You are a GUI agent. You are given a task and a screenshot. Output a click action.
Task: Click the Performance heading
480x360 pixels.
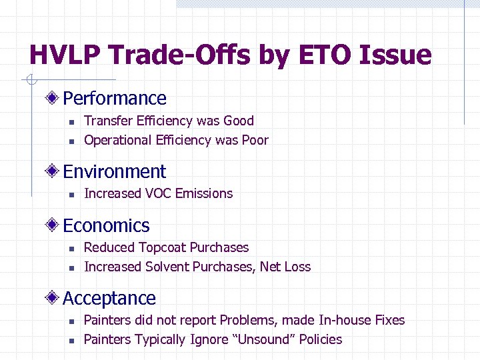click(115, 99)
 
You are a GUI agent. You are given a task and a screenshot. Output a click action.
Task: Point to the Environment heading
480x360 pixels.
click(115, 172)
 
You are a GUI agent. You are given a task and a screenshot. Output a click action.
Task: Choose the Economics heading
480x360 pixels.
click(107, 226)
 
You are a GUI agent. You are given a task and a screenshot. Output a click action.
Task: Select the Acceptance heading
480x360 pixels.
click(109, 299)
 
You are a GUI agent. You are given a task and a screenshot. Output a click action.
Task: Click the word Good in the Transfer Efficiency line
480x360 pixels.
click(239, 121)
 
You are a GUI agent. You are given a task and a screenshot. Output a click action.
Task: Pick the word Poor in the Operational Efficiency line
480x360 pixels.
click(254, 140)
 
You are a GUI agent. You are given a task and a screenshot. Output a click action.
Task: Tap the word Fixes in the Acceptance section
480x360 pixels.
click(389, 321)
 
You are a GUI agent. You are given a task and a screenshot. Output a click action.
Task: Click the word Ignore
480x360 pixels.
click(209, 340)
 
